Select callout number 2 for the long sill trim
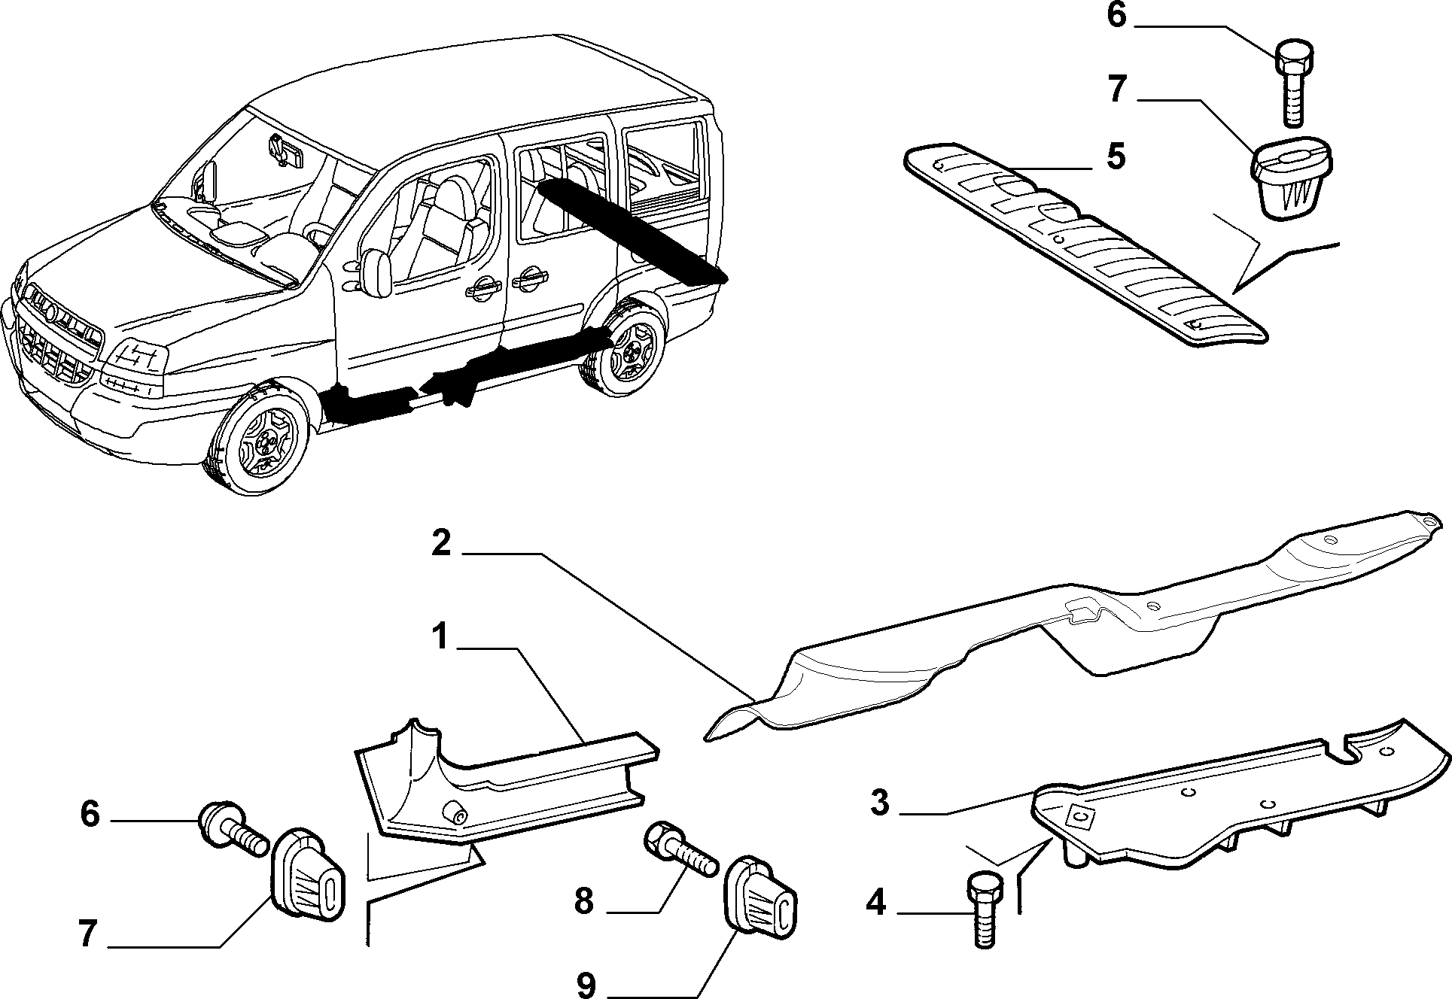(x=441, y=542)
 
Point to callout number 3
(x=880, y=803)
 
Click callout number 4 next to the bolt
(x=875, y=902)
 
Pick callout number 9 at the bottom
(x=586, y=983)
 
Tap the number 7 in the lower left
(x=88, y=934)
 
